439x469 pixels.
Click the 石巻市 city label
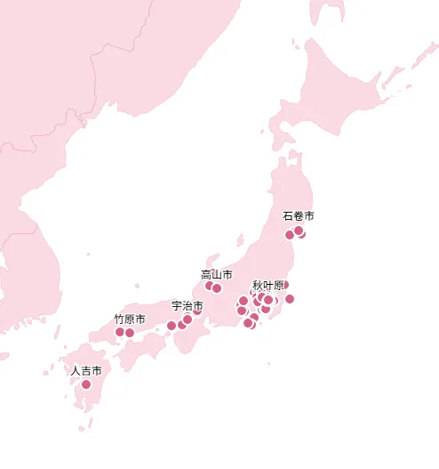pyautogui.click(x=299, y=215)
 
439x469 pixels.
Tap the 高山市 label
pyautogui.click(x=217, y=274)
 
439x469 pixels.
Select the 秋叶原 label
pyautogui.click(x=268, y=286)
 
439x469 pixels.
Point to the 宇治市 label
pyautogui.click(x=187, y=305)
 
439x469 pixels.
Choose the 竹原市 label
pyautogui.click(x=129, y=319)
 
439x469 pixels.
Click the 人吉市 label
pyautogui.click(x=86, y=370)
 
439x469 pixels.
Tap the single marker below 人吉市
pyautogui.click(x=86, y=384)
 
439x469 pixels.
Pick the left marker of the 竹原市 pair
pyautogui.click(x=120, y=332)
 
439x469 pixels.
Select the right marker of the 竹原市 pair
pyautogui.click(x=130, y=333)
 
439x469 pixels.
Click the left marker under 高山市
pyautogui.click(x=210, y=286)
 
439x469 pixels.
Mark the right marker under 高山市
pyautogui.click(x=217, y=288)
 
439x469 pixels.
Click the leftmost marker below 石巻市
pyautogui.click(x=289, y=235)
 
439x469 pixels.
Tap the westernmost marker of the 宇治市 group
pyautogui.click(x=172, y=326)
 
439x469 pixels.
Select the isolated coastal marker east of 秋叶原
pyautogui.click(x=290, y=299)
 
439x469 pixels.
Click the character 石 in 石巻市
pyautogui.click(x=288, y=215)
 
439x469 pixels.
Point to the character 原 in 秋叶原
pyautogui.click(x=279, y=286)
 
